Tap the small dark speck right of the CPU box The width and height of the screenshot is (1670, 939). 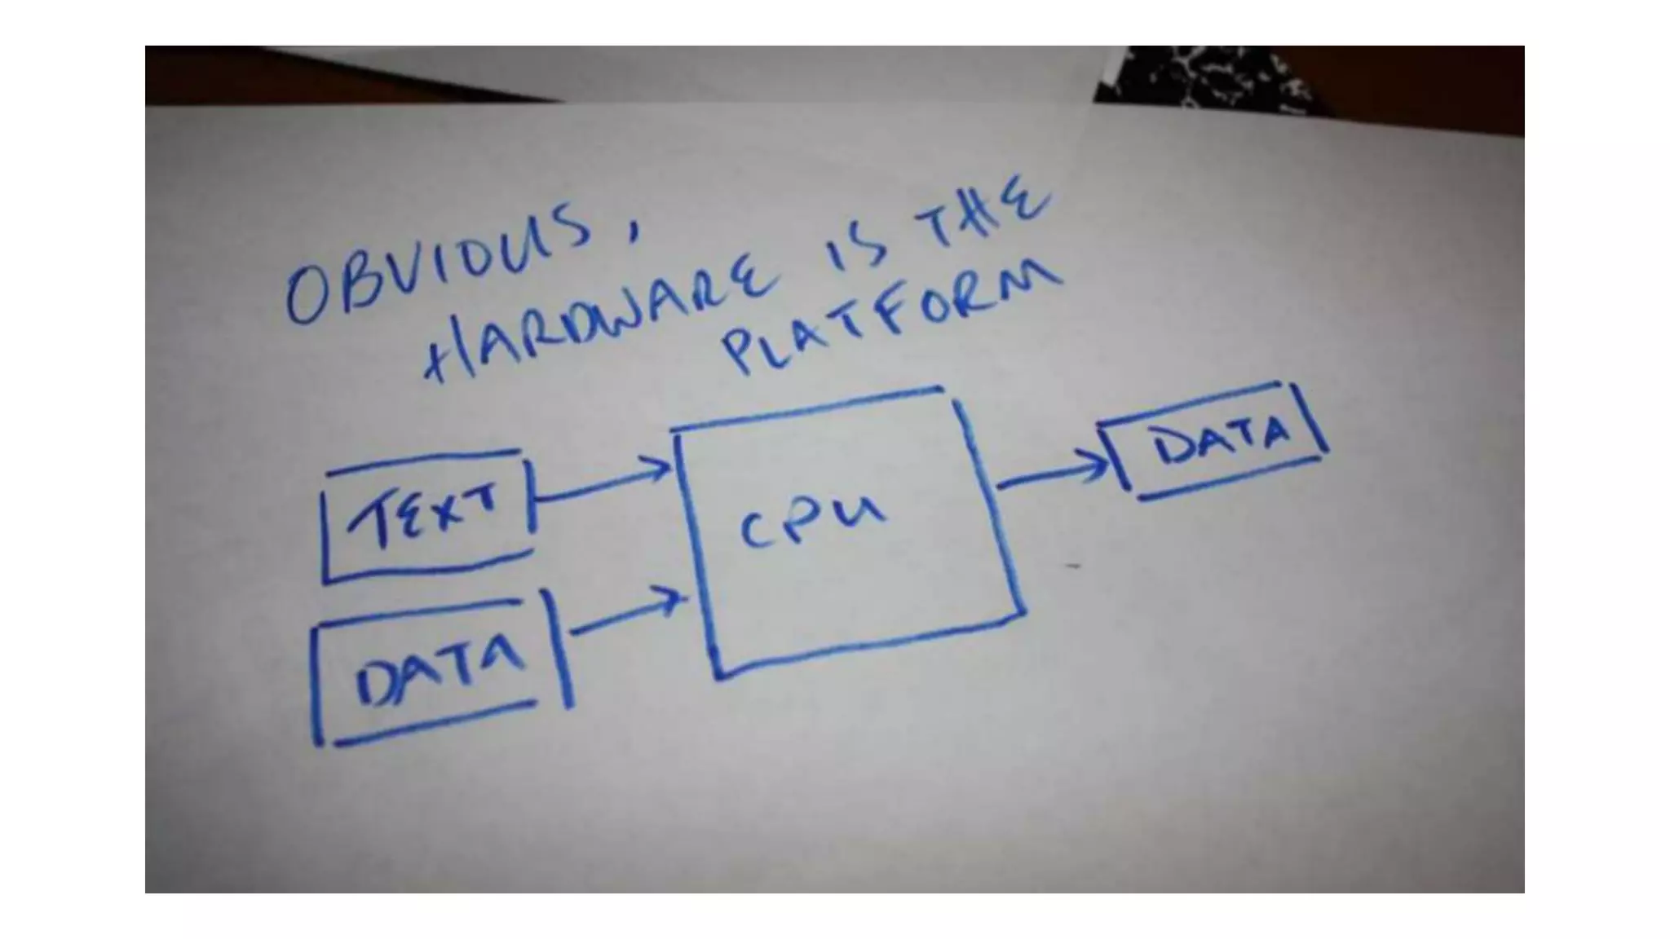coord(1073,565)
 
